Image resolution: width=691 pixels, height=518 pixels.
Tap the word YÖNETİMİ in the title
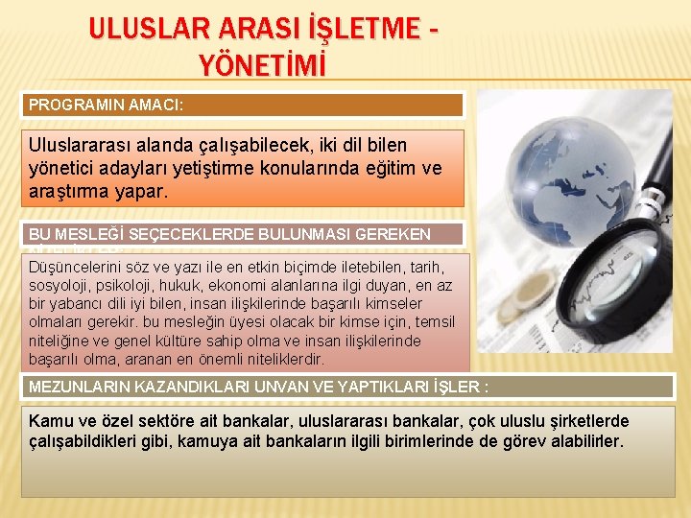click(262, 65)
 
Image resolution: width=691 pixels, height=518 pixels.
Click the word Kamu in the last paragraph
click(50, 421)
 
